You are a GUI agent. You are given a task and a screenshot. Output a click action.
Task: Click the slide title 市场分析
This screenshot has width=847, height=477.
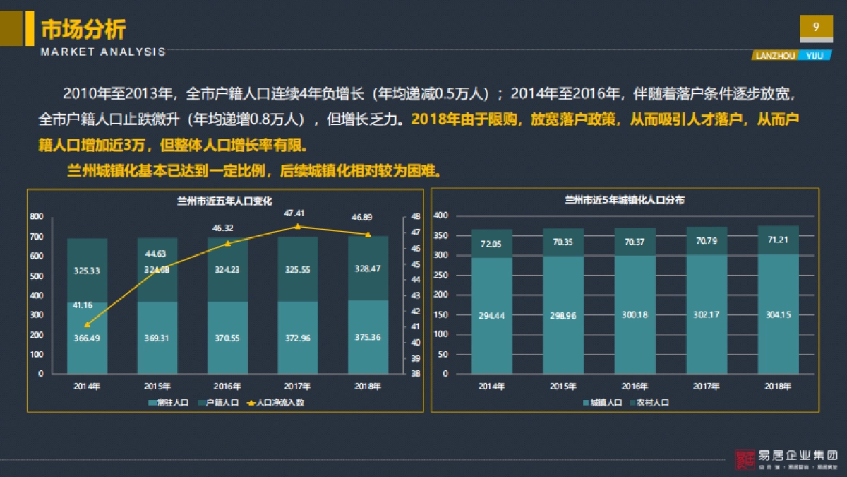coord(83,29)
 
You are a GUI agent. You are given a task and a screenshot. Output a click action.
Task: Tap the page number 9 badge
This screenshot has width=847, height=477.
coord(816,28)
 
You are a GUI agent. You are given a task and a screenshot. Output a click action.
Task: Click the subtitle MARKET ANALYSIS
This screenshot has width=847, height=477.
coord(103,52)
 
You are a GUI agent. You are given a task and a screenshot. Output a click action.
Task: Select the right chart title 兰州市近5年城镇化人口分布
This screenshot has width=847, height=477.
coord(624,201)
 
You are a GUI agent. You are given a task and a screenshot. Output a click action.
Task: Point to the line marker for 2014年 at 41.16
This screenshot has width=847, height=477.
coord(87,324)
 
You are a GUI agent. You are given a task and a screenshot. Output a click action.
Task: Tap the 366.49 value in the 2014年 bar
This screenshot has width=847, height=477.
coord(87,338)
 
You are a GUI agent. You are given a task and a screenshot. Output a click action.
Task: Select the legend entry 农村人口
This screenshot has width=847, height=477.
coord(649,403)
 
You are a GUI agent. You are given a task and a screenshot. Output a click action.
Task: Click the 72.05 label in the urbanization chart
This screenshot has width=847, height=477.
coord(491,244)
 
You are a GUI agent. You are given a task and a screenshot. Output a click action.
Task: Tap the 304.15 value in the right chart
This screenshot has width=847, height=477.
coord(777,315)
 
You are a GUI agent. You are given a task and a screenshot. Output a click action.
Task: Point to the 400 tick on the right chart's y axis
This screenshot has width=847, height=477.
coord(441,215)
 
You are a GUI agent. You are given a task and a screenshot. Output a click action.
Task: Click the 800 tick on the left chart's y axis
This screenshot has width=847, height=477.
coord(36,216)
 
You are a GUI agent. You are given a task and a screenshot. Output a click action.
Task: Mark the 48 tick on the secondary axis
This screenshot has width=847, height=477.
coord(416,216)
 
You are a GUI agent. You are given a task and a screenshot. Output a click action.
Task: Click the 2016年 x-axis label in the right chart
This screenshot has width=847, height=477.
coord(635,387)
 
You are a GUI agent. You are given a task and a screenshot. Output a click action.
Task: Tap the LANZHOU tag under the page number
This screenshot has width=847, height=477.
coord(775,55)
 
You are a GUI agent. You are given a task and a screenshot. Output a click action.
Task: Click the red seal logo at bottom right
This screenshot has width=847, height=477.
coord(744,460)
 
